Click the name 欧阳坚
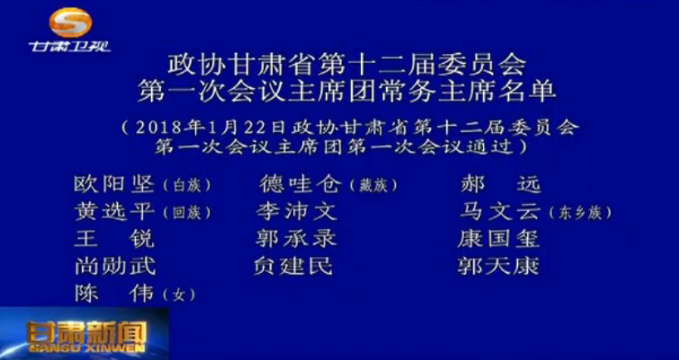coord(115,185)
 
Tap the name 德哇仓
coord(300,185)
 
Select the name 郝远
coord(501,185)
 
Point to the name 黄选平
coord(115,212)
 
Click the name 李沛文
coord(296,212)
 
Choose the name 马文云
coord(501,212)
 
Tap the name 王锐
coord(115,239)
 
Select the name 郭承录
coord(296,239)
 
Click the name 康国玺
coord(498,239)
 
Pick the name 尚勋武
coord(115,266)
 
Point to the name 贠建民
coord(294,266)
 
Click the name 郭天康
coord(498,266)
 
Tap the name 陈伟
coord(115,294)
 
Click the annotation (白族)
coord(187,186)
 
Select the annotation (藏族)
coord(373,186)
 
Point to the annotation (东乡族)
coord(580,213)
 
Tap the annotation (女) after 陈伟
coord(178,295)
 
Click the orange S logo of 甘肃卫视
coord(71,22)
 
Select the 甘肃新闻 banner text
coord(86,334)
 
